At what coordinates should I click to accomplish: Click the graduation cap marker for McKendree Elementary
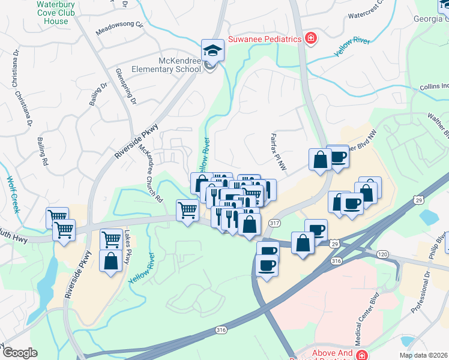pyautogui.click(x=212, y=50)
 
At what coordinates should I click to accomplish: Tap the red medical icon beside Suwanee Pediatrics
pyautogui.click(x=310, y=39)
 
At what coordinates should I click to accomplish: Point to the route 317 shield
pyautogui.click(x=274, y=223)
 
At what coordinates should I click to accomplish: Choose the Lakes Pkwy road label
pyautogui.click(x=128, y=250)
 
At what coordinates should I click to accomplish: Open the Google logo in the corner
pyautogui.click(x=20, y=352)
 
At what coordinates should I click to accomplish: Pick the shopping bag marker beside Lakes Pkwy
pyautogui.click(x=111, y=261)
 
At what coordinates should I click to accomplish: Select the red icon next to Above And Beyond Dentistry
pyautogui.click(x=362, y=355)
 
